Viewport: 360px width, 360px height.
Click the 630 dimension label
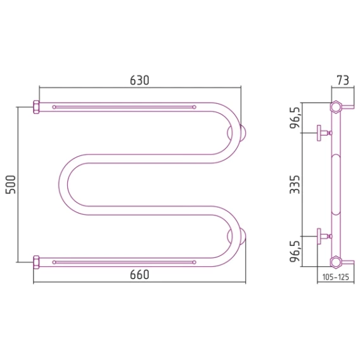[x=139, y=80]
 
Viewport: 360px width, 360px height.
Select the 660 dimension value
[x=139, y=274]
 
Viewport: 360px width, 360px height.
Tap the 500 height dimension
[x=11, y=184]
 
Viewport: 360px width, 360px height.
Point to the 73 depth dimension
[x=343, y=80]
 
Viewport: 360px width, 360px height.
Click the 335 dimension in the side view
[x=295, y=184]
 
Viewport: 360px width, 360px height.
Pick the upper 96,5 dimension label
[x=295, y=117]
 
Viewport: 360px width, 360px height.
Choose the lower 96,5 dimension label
[x=295, y=251]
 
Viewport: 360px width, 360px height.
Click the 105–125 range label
[x=336, y=277]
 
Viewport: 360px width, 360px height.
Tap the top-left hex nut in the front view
[x=36, y=107]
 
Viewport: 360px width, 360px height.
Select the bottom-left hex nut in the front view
[x=36, y=262]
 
